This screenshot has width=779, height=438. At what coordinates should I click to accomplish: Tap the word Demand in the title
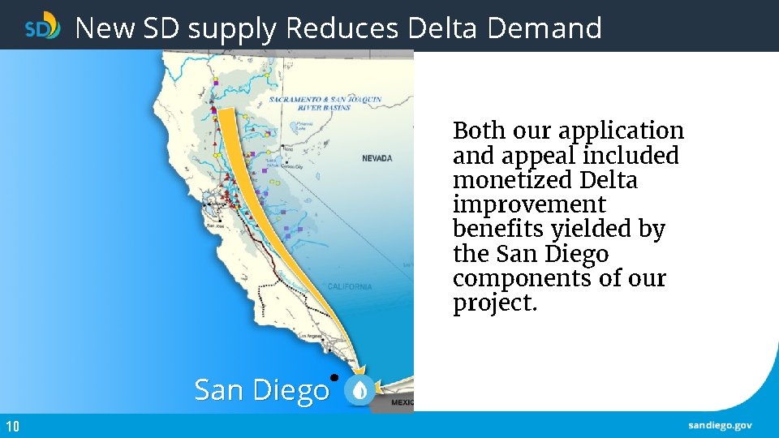coord(545,28)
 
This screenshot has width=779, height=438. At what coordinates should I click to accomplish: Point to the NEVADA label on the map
coord(377,158)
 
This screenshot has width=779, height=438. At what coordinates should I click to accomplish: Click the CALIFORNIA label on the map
coord(350,286)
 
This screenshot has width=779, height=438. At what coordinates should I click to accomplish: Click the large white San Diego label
coord(261,390)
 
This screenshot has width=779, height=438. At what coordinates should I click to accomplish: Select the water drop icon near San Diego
coord(359,391)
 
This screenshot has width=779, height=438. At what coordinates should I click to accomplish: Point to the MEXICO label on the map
coord(402,401)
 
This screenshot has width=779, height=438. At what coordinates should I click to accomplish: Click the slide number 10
coord(12,427)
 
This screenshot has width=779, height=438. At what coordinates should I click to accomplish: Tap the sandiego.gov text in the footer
coord(720,426)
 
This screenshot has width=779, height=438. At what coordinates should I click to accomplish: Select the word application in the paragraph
coord(621,131)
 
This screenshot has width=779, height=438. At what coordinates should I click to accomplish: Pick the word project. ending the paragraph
coord(495,303)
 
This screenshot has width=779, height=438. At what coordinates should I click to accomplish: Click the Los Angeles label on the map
coord(311,335)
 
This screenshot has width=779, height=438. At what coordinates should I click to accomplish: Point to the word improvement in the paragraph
coord(529,204)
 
